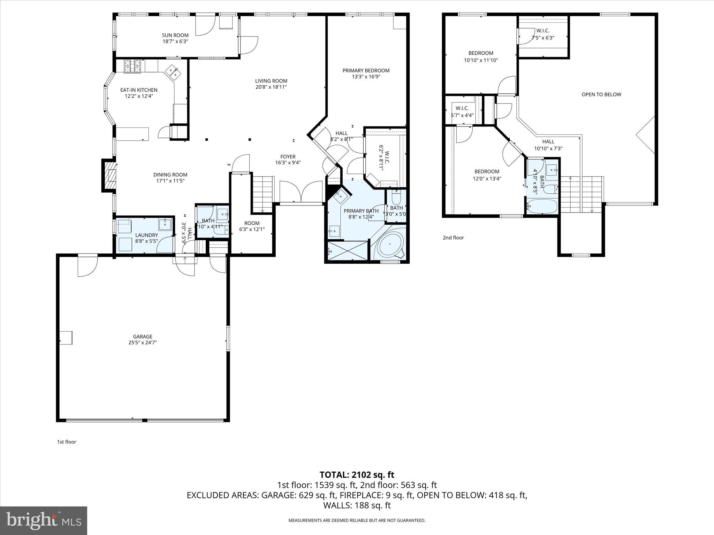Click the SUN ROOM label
[x=175, y=35]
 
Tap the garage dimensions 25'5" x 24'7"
[x=142, y=342]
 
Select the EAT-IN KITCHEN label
[x=139, y=90]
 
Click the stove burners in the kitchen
[x=132, y=66]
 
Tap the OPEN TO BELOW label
[x=601, y=94]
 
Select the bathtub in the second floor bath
[x=542, y=206]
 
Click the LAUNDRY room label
[x=146, y=235]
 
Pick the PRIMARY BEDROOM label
[x=366, y=70]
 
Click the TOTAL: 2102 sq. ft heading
[x=357, y=475]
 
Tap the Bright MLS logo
[x=44, y=520]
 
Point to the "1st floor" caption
[x=67, y=442]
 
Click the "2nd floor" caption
[x=453, y=238]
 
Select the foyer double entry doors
[x=301, y=191]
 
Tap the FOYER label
[x=288, y=157]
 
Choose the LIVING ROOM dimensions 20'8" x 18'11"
[x=271, y=87]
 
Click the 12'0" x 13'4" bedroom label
[x=487, y=175]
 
